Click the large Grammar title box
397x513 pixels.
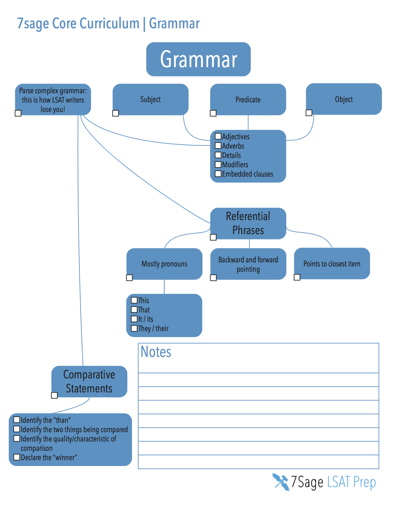point(198,59)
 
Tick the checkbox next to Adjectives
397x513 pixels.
point(218,136)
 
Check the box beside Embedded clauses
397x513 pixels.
point(218,173)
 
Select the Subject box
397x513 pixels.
point(150,99)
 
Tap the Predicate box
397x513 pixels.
point(248,99)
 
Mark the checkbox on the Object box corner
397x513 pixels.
point(309,113)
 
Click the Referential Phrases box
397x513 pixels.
point(248,223)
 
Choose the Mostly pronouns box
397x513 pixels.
point(164,264)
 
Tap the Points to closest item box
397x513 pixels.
point(332,263)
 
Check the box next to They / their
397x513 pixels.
point(134,328)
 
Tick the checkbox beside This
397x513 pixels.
point(134,300)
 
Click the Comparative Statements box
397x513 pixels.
point(89,381)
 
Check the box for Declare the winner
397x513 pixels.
point(17,457)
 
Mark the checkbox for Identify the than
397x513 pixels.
point(17,420)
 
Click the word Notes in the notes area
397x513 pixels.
point(156,352)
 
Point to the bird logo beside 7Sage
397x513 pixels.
point(281,482)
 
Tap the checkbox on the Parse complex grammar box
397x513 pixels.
point(18,113)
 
